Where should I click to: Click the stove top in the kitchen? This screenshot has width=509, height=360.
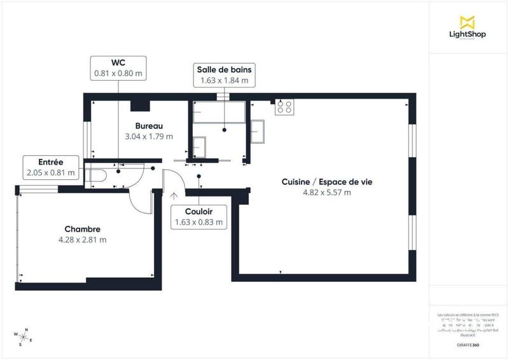[284, 107]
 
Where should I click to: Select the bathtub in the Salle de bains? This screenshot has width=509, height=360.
[218, 113]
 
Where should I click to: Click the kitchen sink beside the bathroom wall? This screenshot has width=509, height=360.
[258, 132]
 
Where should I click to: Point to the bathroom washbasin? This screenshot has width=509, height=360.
[200, 147]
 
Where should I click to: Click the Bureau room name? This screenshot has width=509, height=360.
[149, 126]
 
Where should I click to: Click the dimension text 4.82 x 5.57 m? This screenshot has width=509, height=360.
[327, 192]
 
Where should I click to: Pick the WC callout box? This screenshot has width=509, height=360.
[118, 68]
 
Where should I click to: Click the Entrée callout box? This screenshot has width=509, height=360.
[50, 167]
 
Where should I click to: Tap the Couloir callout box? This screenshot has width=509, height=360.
[199, 217]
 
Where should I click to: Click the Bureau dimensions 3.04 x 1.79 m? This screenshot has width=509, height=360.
[149, 137]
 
